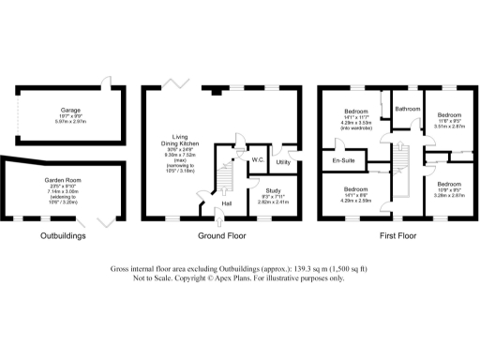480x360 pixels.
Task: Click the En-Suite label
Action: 344,161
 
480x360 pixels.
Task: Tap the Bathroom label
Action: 407,109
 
